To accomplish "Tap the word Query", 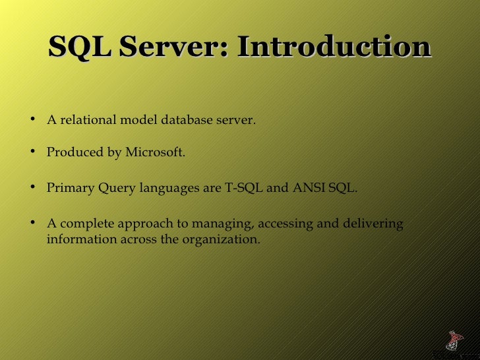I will pos(117,188).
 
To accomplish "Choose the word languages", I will pos(169,189).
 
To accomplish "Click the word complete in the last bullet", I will pos(82,224).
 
